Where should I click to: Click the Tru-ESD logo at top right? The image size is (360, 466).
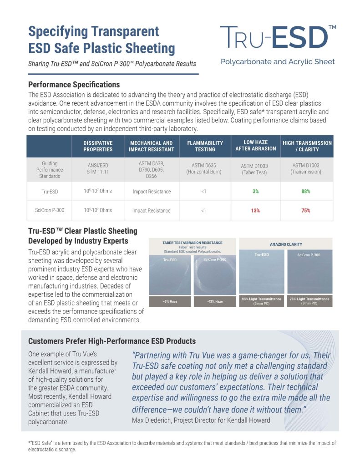pyautogui.click(x=278, y=37)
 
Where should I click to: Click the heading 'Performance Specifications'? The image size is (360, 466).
pyautogui.click(x=74, y=85)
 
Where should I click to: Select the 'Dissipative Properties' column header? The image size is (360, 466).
pyautogui.click(x=98, y=146)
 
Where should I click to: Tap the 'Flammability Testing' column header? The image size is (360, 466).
pyautogui.click(x=205, y=146)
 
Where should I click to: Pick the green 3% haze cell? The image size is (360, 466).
pyautogui.click(x=256, y=191)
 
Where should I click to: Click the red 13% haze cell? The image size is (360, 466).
pyautogui.click(x=256, y=210)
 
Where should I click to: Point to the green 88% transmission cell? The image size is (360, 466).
pyautogui.click(x=305, y=191)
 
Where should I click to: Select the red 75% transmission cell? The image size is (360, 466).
pyautogui.click(x=305, y=210)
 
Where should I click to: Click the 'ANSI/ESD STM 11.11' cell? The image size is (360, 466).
pyautogui.click(x=98, y=169)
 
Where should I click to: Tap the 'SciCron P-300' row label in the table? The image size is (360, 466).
pyautogui.click(x=49, y=210)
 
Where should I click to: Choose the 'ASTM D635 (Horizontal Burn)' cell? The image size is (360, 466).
pyautogui.click(x=205, y=169)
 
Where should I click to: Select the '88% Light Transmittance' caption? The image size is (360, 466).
pyautogui.click(x=262, y=301)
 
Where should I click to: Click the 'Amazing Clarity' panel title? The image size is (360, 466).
pyautogui.click(x=286, y=244)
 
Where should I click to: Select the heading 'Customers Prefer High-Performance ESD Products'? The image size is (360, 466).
pyautogui.click(x=112, y=341)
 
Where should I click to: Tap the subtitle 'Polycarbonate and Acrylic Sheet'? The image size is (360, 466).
pyautogui.click(x=278, y=61)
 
